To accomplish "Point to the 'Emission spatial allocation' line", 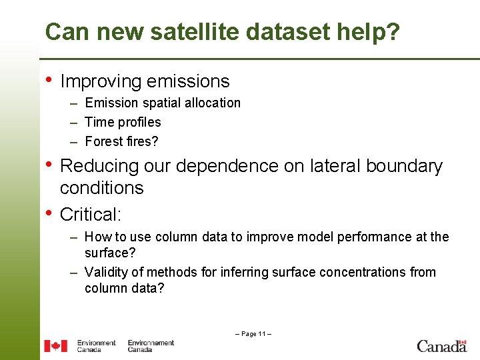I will pyautogui.click(x=163, y=103).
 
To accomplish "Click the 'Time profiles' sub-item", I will pyautogui.click(x=123, y=122).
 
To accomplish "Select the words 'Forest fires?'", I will pyautogui.click(x=122, y=141).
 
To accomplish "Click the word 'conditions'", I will pyautogui.click(x=101, y=188).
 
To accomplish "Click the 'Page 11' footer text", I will pyautogui.click(x=253, y=333).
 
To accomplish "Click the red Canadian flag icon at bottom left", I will pyautogui.click(x=56, y=346).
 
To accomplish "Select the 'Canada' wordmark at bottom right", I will pyautogui.click(x=441, y=345).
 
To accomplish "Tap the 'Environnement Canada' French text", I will pyautogui.click(x=151, y=346).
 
